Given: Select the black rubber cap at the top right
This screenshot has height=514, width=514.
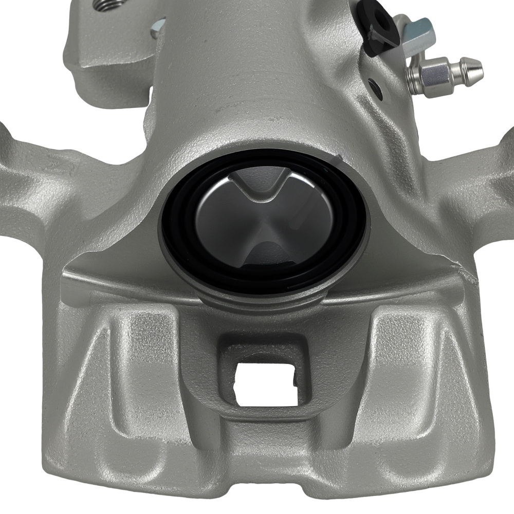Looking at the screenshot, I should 378,26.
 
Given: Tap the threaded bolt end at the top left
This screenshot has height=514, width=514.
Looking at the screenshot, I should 109,5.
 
